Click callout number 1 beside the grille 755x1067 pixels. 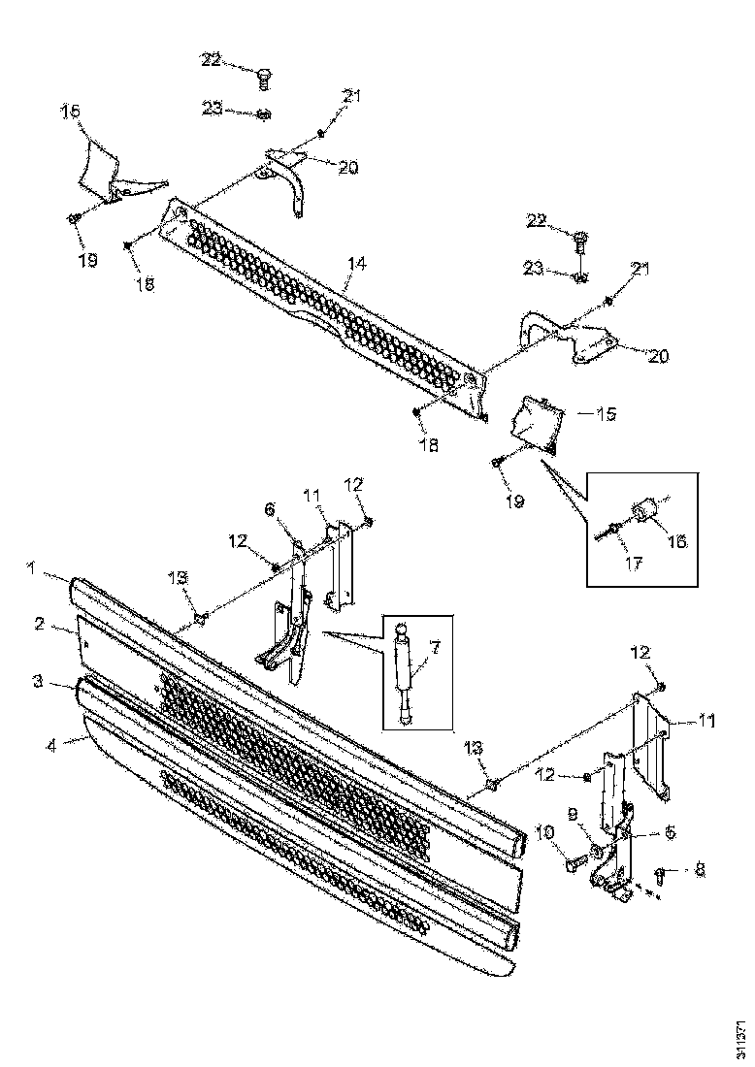pos(32,572)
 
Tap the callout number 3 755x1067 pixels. pos(37,682)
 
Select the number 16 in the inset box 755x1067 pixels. pos(676,541)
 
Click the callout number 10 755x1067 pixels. pos(543,832)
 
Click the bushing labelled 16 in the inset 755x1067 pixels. pos(645,511)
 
